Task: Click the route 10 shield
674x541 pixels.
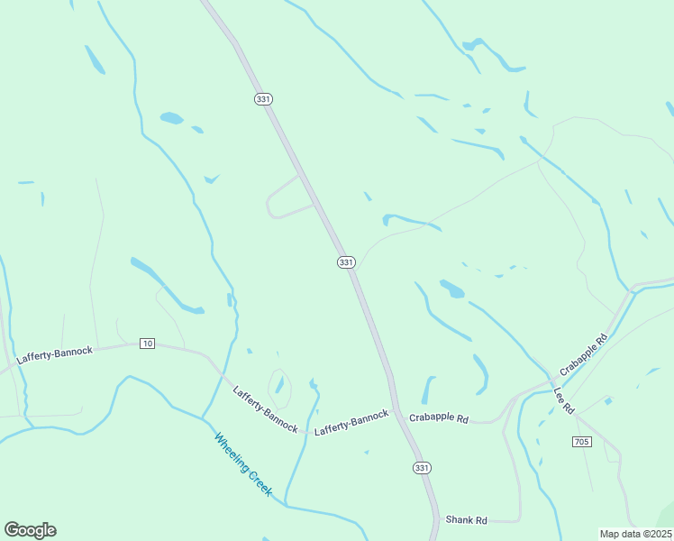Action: tap(148, 344)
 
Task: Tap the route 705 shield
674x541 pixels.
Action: tap(581, 441)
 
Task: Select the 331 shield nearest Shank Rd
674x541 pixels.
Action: tap(422, 468)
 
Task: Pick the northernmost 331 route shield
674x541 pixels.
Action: tap(263, 99)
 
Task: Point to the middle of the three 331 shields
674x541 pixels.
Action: tap(346, 261)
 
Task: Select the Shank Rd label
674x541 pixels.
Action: tap(466, 520)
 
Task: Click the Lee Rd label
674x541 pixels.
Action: tap(563, 400)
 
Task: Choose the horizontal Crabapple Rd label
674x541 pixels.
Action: tap(439, 418)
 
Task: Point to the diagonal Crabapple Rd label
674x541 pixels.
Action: tap(583, 354)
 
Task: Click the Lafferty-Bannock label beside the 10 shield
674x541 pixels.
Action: tap(54, 355)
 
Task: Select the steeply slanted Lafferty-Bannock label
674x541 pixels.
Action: tap(265, 408)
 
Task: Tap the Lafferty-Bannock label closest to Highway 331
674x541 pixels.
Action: tap(351, 422)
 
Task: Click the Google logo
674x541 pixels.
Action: tap(30, 530)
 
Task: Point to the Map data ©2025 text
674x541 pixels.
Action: tap(635, 534)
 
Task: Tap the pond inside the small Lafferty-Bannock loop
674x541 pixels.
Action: tap(279, 386)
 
